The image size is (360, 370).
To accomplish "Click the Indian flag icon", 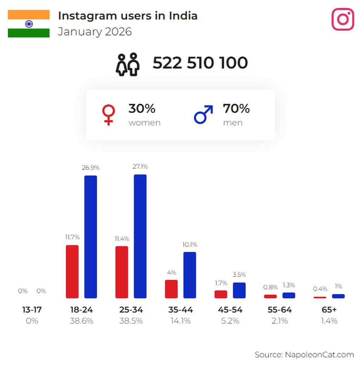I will point(29,24).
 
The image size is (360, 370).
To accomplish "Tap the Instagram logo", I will point(342,19).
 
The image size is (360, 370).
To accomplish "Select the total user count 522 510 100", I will point(200,63).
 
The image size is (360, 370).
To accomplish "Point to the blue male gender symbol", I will point(203,115).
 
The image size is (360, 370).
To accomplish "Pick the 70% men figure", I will point(236,109).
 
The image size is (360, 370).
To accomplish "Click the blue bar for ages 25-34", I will point(140,236).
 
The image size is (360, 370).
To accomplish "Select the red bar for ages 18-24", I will point(72,272).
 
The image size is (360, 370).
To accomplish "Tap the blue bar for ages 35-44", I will point(190,275).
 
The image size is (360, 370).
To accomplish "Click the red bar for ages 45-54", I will point(221,294).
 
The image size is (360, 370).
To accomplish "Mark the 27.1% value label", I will point(140,167).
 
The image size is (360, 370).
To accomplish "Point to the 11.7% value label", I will point(72,237).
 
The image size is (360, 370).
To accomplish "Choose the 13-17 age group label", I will point(32,310).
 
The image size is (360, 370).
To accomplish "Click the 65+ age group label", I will point(329,310).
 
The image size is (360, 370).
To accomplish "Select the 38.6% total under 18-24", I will point(81,321).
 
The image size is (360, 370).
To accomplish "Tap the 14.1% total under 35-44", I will point(180,321).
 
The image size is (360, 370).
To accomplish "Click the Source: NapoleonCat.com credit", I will point(304,355).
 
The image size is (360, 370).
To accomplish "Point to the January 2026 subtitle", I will point(95,32).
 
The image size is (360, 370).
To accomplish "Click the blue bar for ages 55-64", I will point(289,295).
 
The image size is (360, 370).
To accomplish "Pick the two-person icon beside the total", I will point(128,64).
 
